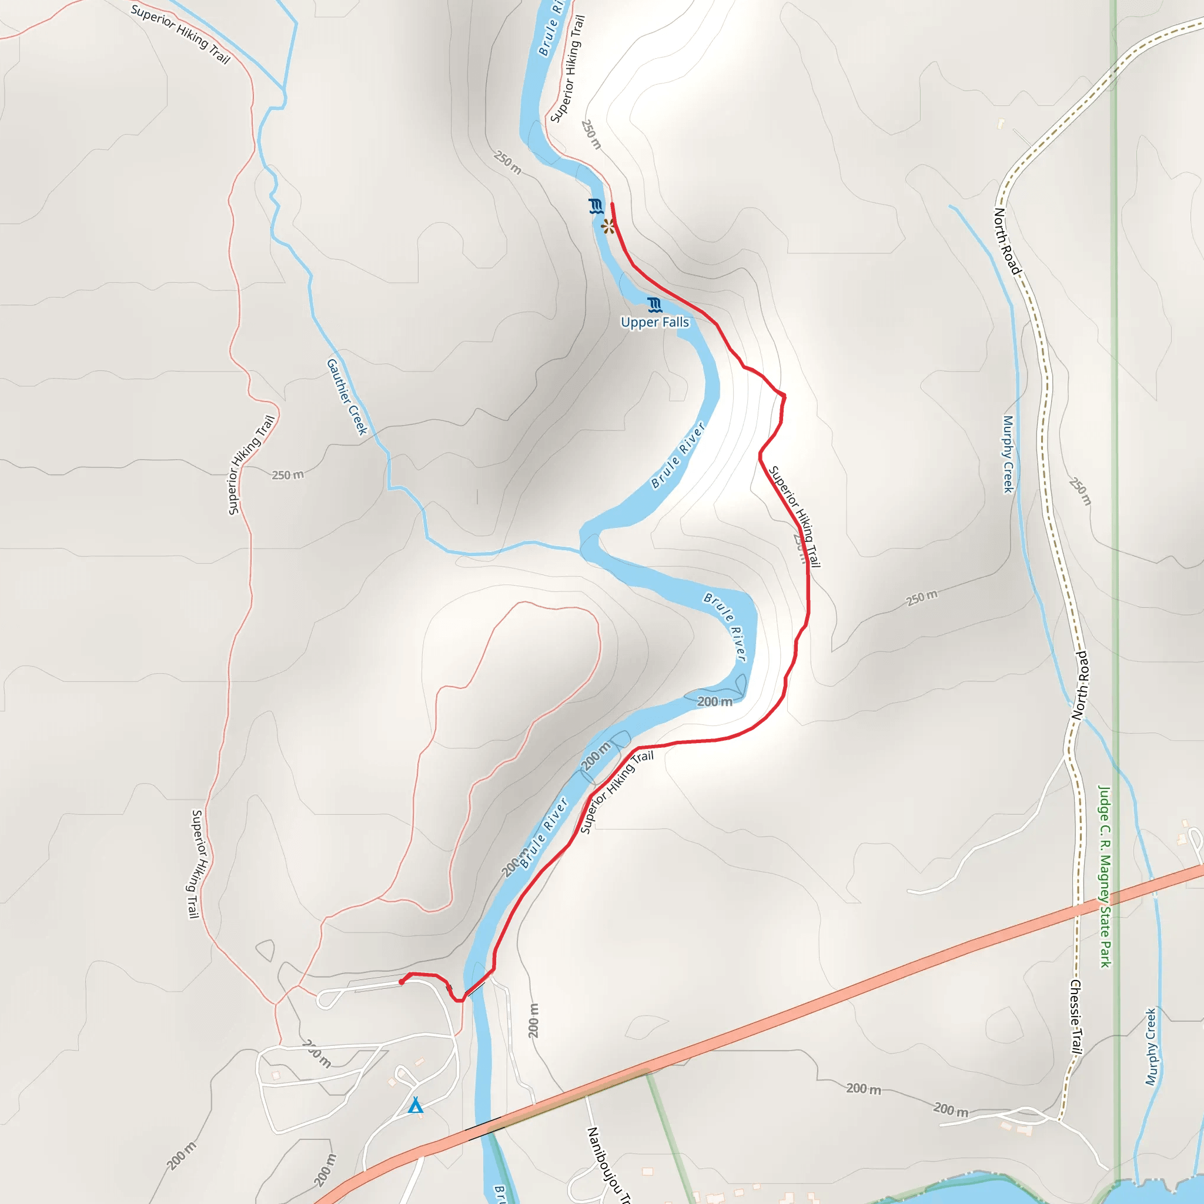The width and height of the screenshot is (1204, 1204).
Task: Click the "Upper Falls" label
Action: coord(654,322)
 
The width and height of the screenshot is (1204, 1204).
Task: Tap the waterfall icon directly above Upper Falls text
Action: coord(654,305)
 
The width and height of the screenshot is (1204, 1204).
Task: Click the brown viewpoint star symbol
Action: coord(608,226)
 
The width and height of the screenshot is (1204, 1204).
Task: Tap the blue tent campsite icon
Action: coord(416,1106)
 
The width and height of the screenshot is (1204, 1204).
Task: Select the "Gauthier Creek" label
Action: coord(347,396)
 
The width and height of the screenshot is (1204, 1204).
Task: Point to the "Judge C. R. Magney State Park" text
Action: coord(1104,876)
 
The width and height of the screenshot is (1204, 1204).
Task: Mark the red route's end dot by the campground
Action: coord(402,982)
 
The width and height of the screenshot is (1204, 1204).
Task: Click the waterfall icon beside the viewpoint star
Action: coord(596,206)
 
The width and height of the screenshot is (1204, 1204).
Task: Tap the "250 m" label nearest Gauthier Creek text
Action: coord(288,475)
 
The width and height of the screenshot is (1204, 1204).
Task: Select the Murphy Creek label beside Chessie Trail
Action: coord(1151,1046)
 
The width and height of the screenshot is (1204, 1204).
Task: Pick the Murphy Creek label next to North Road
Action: coord(1008,454)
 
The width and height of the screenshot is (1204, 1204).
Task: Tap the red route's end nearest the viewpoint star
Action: coord(612,204)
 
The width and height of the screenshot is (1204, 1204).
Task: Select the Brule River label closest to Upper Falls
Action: coord(678,455)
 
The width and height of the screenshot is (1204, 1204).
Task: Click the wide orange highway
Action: coord(810,1003)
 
